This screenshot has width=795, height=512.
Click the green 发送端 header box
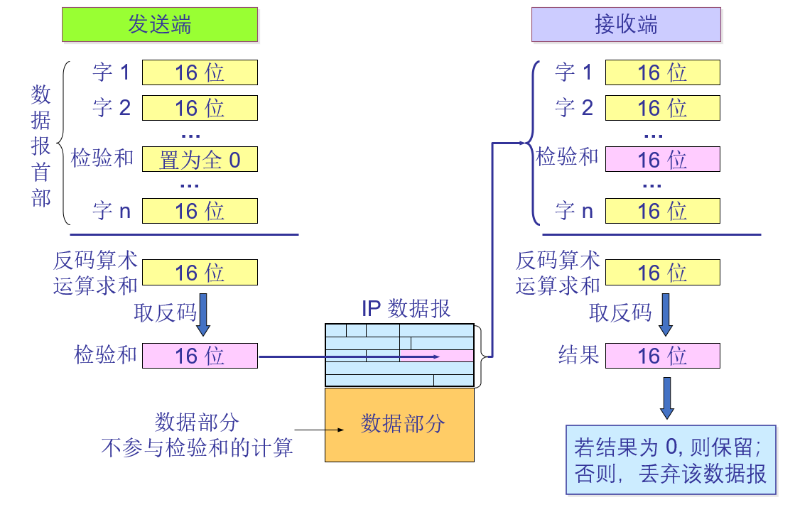click(x=159, y=25)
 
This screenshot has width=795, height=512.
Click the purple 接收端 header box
click(x=626, y=25)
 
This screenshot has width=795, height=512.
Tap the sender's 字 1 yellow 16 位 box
click(x=200, y=72)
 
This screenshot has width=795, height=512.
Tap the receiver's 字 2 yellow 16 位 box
click(x=662, y=107)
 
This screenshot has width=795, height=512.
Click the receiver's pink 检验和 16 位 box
click(x=662, y=160)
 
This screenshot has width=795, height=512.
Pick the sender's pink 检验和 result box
click(x=200, y=355)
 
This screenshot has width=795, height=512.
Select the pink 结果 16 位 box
click(x=662, y=355)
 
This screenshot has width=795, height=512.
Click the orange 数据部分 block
click(x=399, y=424)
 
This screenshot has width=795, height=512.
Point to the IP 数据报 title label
click(x=406, y=308)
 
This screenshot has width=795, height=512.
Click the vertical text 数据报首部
click(x=41, y=146)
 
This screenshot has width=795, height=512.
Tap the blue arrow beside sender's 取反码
click(x=204, y=315)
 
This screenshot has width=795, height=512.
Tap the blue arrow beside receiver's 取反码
click(x=666, y=315)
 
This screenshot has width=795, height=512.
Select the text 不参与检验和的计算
click(x=197, y=448)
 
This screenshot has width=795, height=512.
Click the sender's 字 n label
click(x=112, y=211)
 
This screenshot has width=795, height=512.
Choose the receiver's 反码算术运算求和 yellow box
click(x=662, y=273)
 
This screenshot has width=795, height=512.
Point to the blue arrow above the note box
click(x=666, y=397)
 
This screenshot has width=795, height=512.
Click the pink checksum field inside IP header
click(x=436, y=356)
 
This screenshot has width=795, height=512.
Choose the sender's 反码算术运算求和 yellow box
click(x=200, y=273)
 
